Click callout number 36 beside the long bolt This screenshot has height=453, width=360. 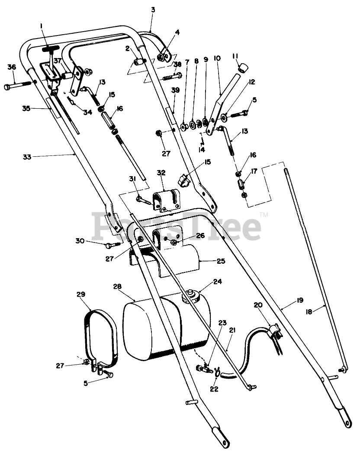pos(12,67)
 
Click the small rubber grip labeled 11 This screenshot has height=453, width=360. pos(244,67)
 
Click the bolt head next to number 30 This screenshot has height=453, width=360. pos(109,246)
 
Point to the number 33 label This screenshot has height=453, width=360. pos(27,157)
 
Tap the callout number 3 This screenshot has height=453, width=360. pos(152,10)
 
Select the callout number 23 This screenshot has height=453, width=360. pos(222,323)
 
